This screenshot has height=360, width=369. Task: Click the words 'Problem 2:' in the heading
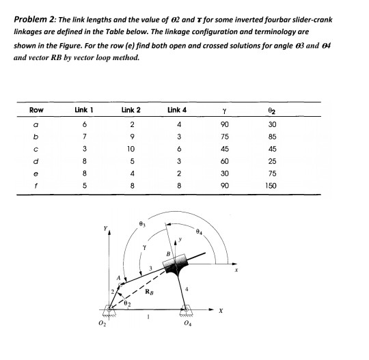(x=36, y=19)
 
